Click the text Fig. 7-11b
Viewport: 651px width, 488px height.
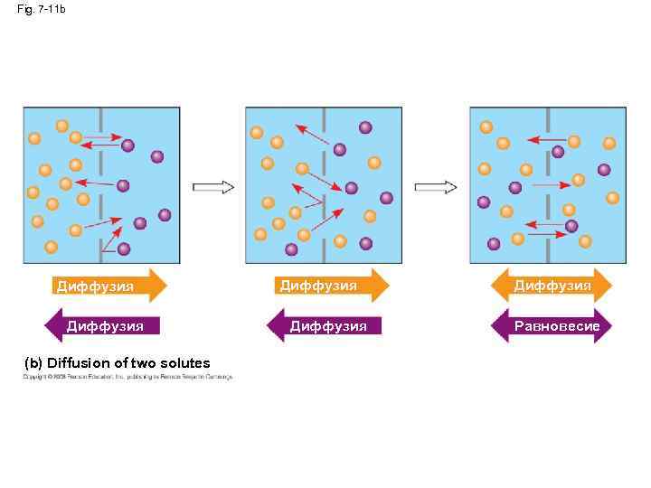click(x=42, y=9)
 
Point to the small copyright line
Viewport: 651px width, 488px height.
click(x=127, y=377)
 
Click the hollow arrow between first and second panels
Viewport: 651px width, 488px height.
click(x=213, y=187)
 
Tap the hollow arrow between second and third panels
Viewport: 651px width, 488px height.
click(x=436, y=187)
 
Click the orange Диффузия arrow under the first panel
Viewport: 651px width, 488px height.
click(x=108, y=286)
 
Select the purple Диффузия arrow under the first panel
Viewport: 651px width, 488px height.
click(x=102, y=325)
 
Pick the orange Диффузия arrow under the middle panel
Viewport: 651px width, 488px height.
click(x=331, y=286)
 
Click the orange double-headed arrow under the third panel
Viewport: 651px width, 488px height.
click(x=552, y=286)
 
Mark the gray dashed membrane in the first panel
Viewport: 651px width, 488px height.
click(x=101, y=185)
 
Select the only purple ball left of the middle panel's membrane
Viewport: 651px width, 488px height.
click(x=291, y=249)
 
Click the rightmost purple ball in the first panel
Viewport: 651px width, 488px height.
click(x=165, y=214)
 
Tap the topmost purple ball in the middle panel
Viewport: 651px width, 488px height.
click(x=365, y=127)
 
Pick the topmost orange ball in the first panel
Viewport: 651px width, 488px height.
click(x=61, y=126)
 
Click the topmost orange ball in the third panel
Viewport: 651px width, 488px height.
click(x=486, y=127)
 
